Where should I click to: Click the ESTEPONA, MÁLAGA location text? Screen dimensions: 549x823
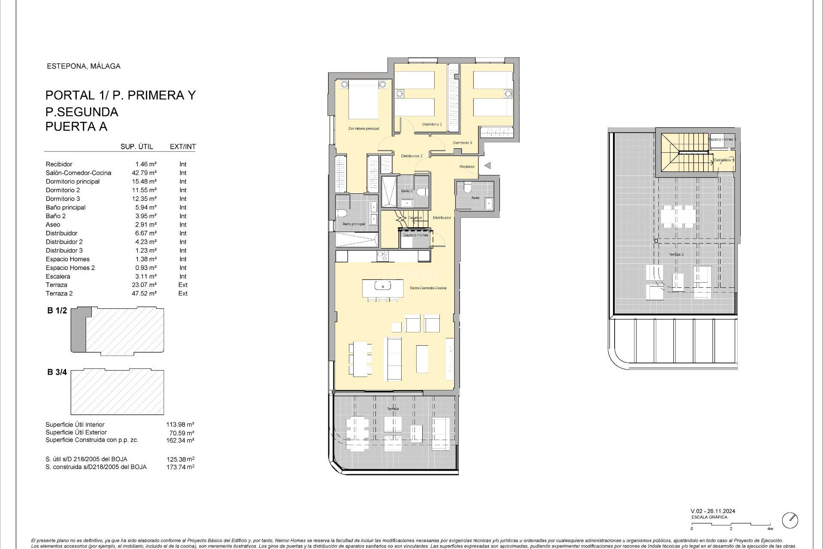[83, 66]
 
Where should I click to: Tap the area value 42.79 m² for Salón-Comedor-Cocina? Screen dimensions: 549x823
[144, 173]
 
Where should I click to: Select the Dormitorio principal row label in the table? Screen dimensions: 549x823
[72, 181]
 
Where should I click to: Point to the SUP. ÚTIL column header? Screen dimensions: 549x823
[136, 147]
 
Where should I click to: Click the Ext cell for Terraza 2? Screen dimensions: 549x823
[183, 293]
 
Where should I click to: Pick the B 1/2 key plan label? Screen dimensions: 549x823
[57, 311]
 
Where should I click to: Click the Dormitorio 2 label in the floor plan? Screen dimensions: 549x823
[432, 124]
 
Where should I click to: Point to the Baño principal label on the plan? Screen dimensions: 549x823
[354, 224]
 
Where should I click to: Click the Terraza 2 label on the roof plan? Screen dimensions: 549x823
[676, 254]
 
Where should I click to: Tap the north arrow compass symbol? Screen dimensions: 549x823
[790, 520]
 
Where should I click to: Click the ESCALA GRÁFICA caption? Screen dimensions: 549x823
[709, 517]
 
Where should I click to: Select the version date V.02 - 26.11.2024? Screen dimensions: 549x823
[713, 511]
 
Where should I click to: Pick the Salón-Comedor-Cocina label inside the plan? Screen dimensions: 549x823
[428, 288]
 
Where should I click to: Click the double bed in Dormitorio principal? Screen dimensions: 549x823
[363, 100]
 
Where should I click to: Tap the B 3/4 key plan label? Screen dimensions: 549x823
[57, 372]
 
